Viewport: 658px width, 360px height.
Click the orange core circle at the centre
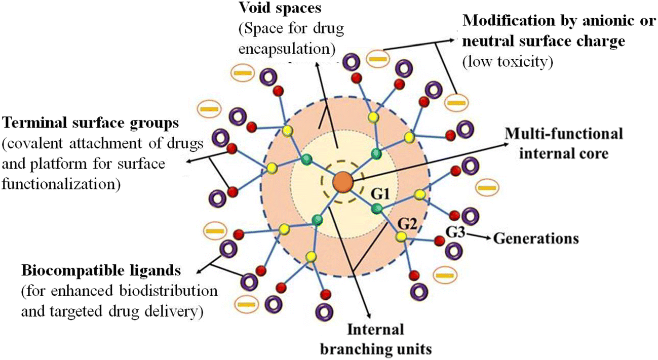tap(342, 182)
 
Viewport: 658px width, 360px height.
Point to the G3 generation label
tap(455, 232)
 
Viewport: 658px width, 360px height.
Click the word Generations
tap(536, 237)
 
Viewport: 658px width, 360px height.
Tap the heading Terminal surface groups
tap(88, 123)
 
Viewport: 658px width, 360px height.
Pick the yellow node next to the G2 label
tap(402, 236)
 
